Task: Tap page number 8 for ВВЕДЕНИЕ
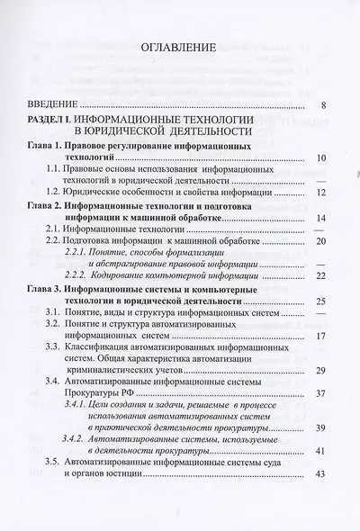pyautogui.click(x=324, y=106)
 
